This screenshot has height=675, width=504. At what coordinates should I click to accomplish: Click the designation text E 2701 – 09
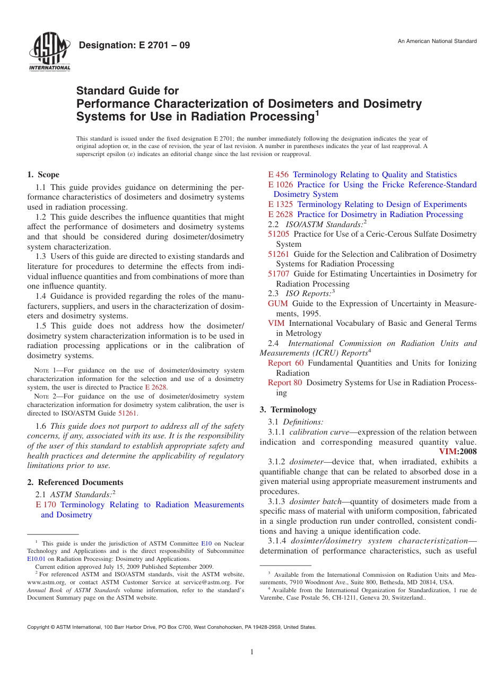134,45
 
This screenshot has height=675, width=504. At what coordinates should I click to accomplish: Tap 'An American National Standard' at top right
437,41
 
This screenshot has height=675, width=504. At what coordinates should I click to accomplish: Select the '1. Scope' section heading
43,175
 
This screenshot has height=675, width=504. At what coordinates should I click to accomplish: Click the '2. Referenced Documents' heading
75,482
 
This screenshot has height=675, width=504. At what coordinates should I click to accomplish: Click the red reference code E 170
46,505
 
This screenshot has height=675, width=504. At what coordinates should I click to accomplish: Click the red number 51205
279,234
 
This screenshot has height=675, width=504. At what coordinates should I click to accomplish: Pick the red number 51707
279,274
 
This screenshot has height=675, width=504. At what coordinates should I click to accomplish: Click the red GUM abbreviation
277,304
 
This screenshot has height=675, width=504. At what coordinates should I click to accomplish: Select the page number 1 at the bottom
252,652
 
